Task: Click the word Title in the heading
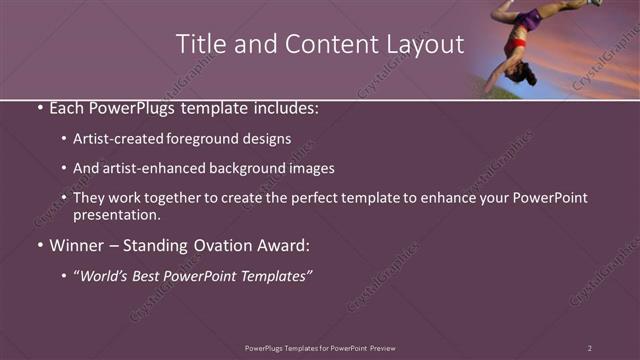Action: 199,44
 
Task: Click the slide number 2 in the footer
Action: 590,348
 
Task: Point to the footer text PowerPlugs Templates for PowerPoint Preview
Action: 320,348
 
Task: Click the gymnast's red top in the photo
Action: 518,46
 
